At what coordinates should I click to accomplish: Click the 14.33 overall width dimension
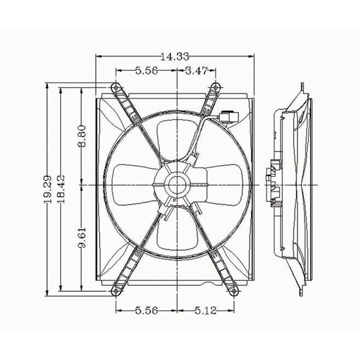pos(174,57)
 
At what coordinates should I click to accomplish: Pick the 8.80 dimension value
pos(82,136)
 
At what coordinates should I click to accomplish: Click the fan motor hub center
pos(177,185)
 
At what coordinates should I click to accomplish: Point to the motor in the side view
pos(273,185)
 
